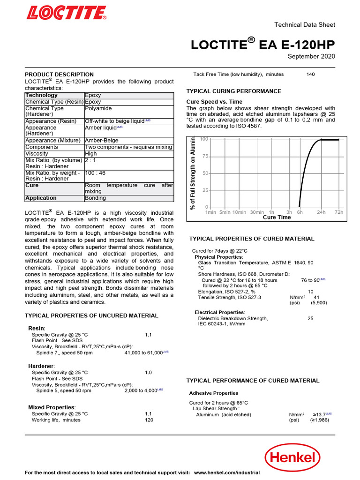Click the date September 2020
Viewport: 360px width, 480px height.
[x=311, y=57]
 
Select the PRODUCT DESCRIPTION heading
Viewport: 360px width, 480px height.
[x=59, y=75]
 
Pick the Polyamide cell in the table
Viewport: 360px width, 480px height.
[x=98, y=108]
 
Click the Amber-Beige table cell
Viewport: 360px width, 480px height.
[x=101, y=140]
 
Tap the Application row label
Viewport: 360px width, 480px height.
[x=41, y=198]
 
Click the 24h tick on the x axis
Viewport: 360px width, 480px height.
[x=321, y=212]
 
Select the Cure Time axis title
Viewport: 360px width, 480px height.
[x=277, y=217]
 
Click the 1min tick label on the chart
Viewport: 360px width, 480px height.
[x=211, y=212]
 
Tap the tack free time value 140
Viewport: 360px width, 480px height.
[x=310, y=74]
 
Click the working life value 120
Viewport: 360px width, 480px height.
[x=149, y=420]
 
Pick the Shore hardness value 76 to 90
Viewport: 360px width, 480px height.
[x=310, y=280]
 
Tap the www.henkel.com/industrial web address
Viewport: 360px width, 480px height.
[x=226, y=473]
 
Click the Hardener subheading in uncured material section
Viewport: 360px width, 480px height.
[x=41, y=365]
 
